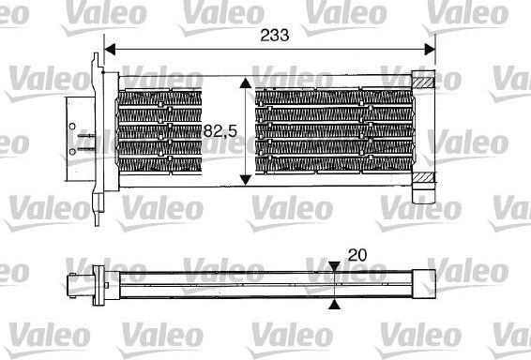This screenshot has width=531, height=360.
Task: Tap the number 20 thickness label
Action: pos(357,255)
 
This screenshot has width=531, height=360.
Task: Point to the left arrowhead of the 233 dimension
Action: pos(108,47)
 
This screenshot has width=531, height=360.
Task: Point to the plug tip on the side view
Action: pos(72,283)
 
